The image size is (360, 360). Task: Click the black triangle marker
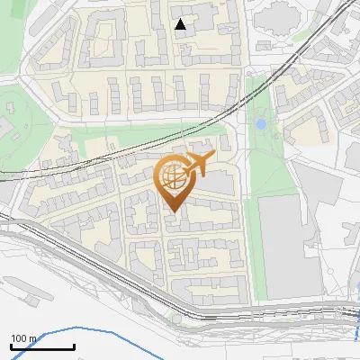click(x=181, y=24)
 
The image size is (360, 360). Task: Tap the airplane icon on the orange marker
click(x=197, y=165)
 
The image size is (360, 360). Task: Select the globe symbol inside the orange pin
click(x=174, y=178)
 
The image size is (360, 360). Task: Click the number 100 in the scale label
click(x=20, y=338)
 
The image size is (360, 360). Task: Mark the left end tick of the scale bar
click(x=11, y=346)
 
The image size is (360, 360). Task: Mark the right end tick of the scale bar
click(x=74, y=346)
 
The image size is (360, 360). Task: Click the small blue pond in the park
click(x=261, y=123)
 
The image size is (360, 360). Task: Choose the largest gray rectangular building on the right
click(x=288, y=247)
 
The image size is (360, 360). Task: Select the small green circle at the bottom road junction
click(x=175, y=318)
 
